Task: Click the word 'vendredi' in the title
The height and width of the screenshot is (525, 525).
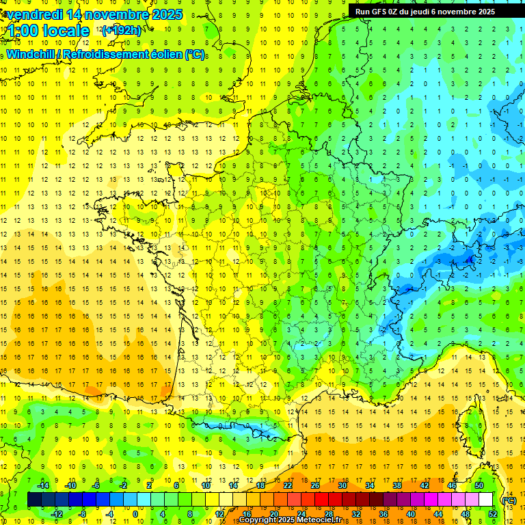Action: coord(35,14)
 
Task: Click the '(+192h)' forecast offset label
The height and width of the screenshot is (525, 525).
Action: coord(122,31)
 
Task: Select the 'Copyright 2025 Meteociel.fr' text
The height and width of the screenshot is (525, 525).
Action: coord(290,520)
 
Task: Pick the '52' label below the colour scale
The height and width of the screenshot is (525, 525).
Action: coord(493,513)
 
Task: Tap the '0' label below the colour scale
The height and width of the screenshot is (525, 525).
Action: coord(135,513)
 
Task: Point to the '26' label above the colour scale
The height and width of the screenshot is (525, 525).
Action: coord(315,485)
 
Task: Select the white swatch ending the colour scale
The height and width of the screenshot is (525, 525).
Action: coord(486,500)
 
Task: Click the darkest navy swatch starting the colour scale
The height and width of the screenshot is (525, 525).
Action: coord(34,500)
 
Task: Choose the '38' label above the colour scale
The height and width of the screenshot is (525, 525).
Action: coord(397,485)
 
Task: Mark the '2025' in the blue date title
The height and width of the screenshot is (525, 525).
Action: coord(167,14)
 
